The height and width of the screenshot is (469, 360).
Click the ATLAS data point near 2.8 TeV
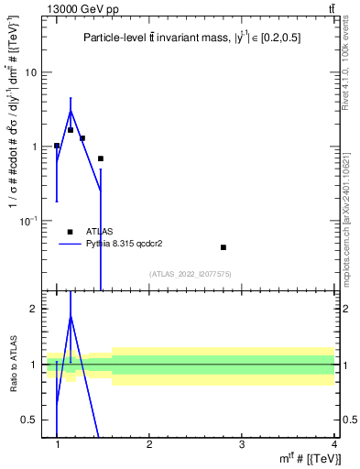tap(224, 247)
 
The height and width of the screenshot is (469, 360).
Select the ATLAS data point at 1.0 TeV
tap(57, 146)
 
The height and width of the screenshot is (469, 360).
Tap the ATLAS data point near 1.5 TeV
tap(101, 158)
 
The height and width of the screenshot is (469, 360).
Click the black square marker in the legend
tap(71, 232)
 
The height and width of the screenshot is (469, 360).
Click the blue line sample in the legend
tap(71, 245)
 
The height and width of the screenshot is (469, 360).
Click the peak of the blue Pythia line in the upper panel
tap(71, 112)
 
